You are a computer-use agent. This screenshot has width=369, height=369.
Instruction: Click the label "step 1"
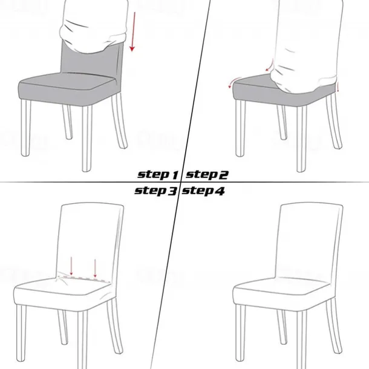(x=158, y=175)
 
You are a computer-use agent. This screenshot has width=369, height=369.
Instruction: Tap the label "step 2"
(x=207, y=175)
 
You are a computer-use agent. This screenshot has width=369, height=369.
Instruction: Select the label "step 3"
(x=155, y=191)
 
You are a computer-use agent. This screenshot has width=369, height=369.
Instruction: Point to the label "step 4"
(x=204, y=191)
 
